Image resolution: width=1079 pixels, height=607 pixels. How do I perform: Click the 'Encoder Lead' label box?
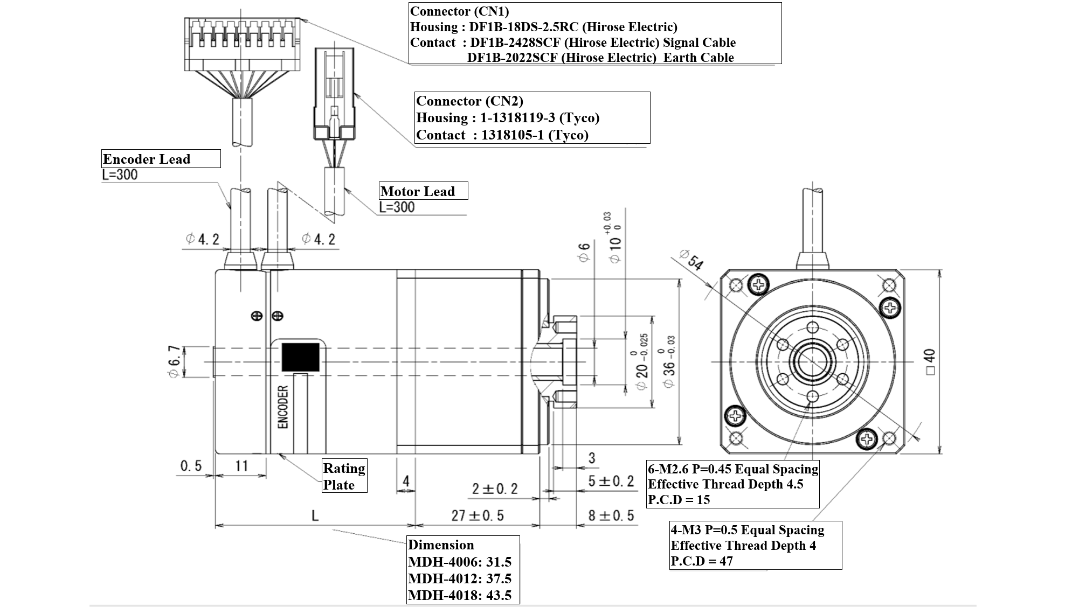pyautogui.click(x=161, y=159)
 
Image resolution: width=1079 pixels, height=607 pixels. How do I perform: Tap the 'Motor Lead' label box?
pyautogui.click(x=423, y=191)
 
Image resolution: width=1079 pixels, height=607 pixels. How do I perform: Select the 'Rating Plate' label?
pyautogui.click(x=344, y=476)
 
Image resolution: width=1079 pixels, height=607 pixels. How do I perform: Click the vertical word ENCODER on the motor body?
pyautogui.click(x=283, y=407)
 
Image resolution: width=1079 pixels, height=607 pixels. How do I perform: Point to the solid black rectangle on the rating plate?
pyautogui.click(x=301, y=357)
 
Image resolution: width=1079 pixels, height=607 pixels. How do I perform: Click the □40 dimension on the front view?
pyautogui.click(x=929, y=362)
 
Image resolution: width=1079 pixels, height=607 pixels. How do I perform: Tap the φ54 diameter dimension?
pyautogui.click(x=691, y=259)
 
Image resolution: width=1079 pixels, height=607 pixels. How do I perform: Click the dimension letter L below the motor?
pyautogui.click(x=315, y=515)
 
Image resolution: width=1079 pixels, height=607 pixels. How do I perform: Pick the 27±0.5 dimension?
pyautogui.click(x=478, y=515)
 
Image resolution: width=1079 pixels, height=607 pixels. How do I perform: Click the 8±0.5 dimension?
pyautogui.click(x=611, y=515)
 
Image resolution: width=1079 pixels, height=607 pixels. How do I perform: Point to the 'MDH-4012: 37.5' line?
pyautogui.click(x=460, y=578)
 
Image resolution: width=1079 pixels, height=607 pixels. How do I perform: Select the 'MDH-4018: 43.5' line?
pyautogui.click(x=460, y=595)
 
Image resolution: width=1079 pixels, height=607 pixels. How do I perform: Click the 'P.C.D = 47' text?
pyautogui.click(x=702, y=561)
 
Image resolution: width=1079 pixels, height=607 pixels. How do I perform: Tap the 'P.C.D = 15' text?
pyautogui.click(x=679, y=499)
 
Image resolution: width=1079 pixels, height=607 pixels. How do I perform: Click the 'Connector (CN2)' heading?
pyautogui.click(x=469, y=101)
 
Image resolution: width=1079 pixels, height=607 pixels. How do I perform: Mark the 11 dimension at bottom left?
pyautogui.click(x=241, y=465)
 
